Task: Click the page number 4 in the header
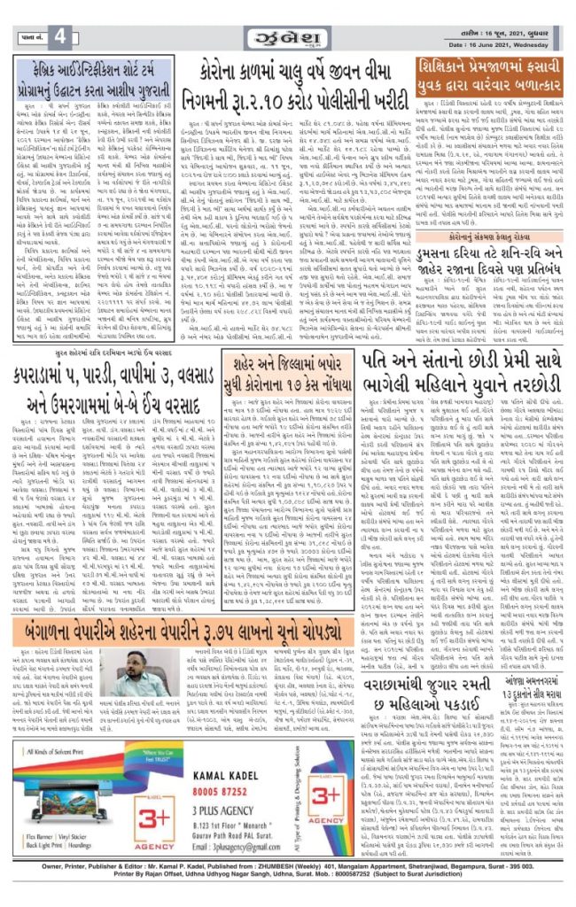pos(58,35)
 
